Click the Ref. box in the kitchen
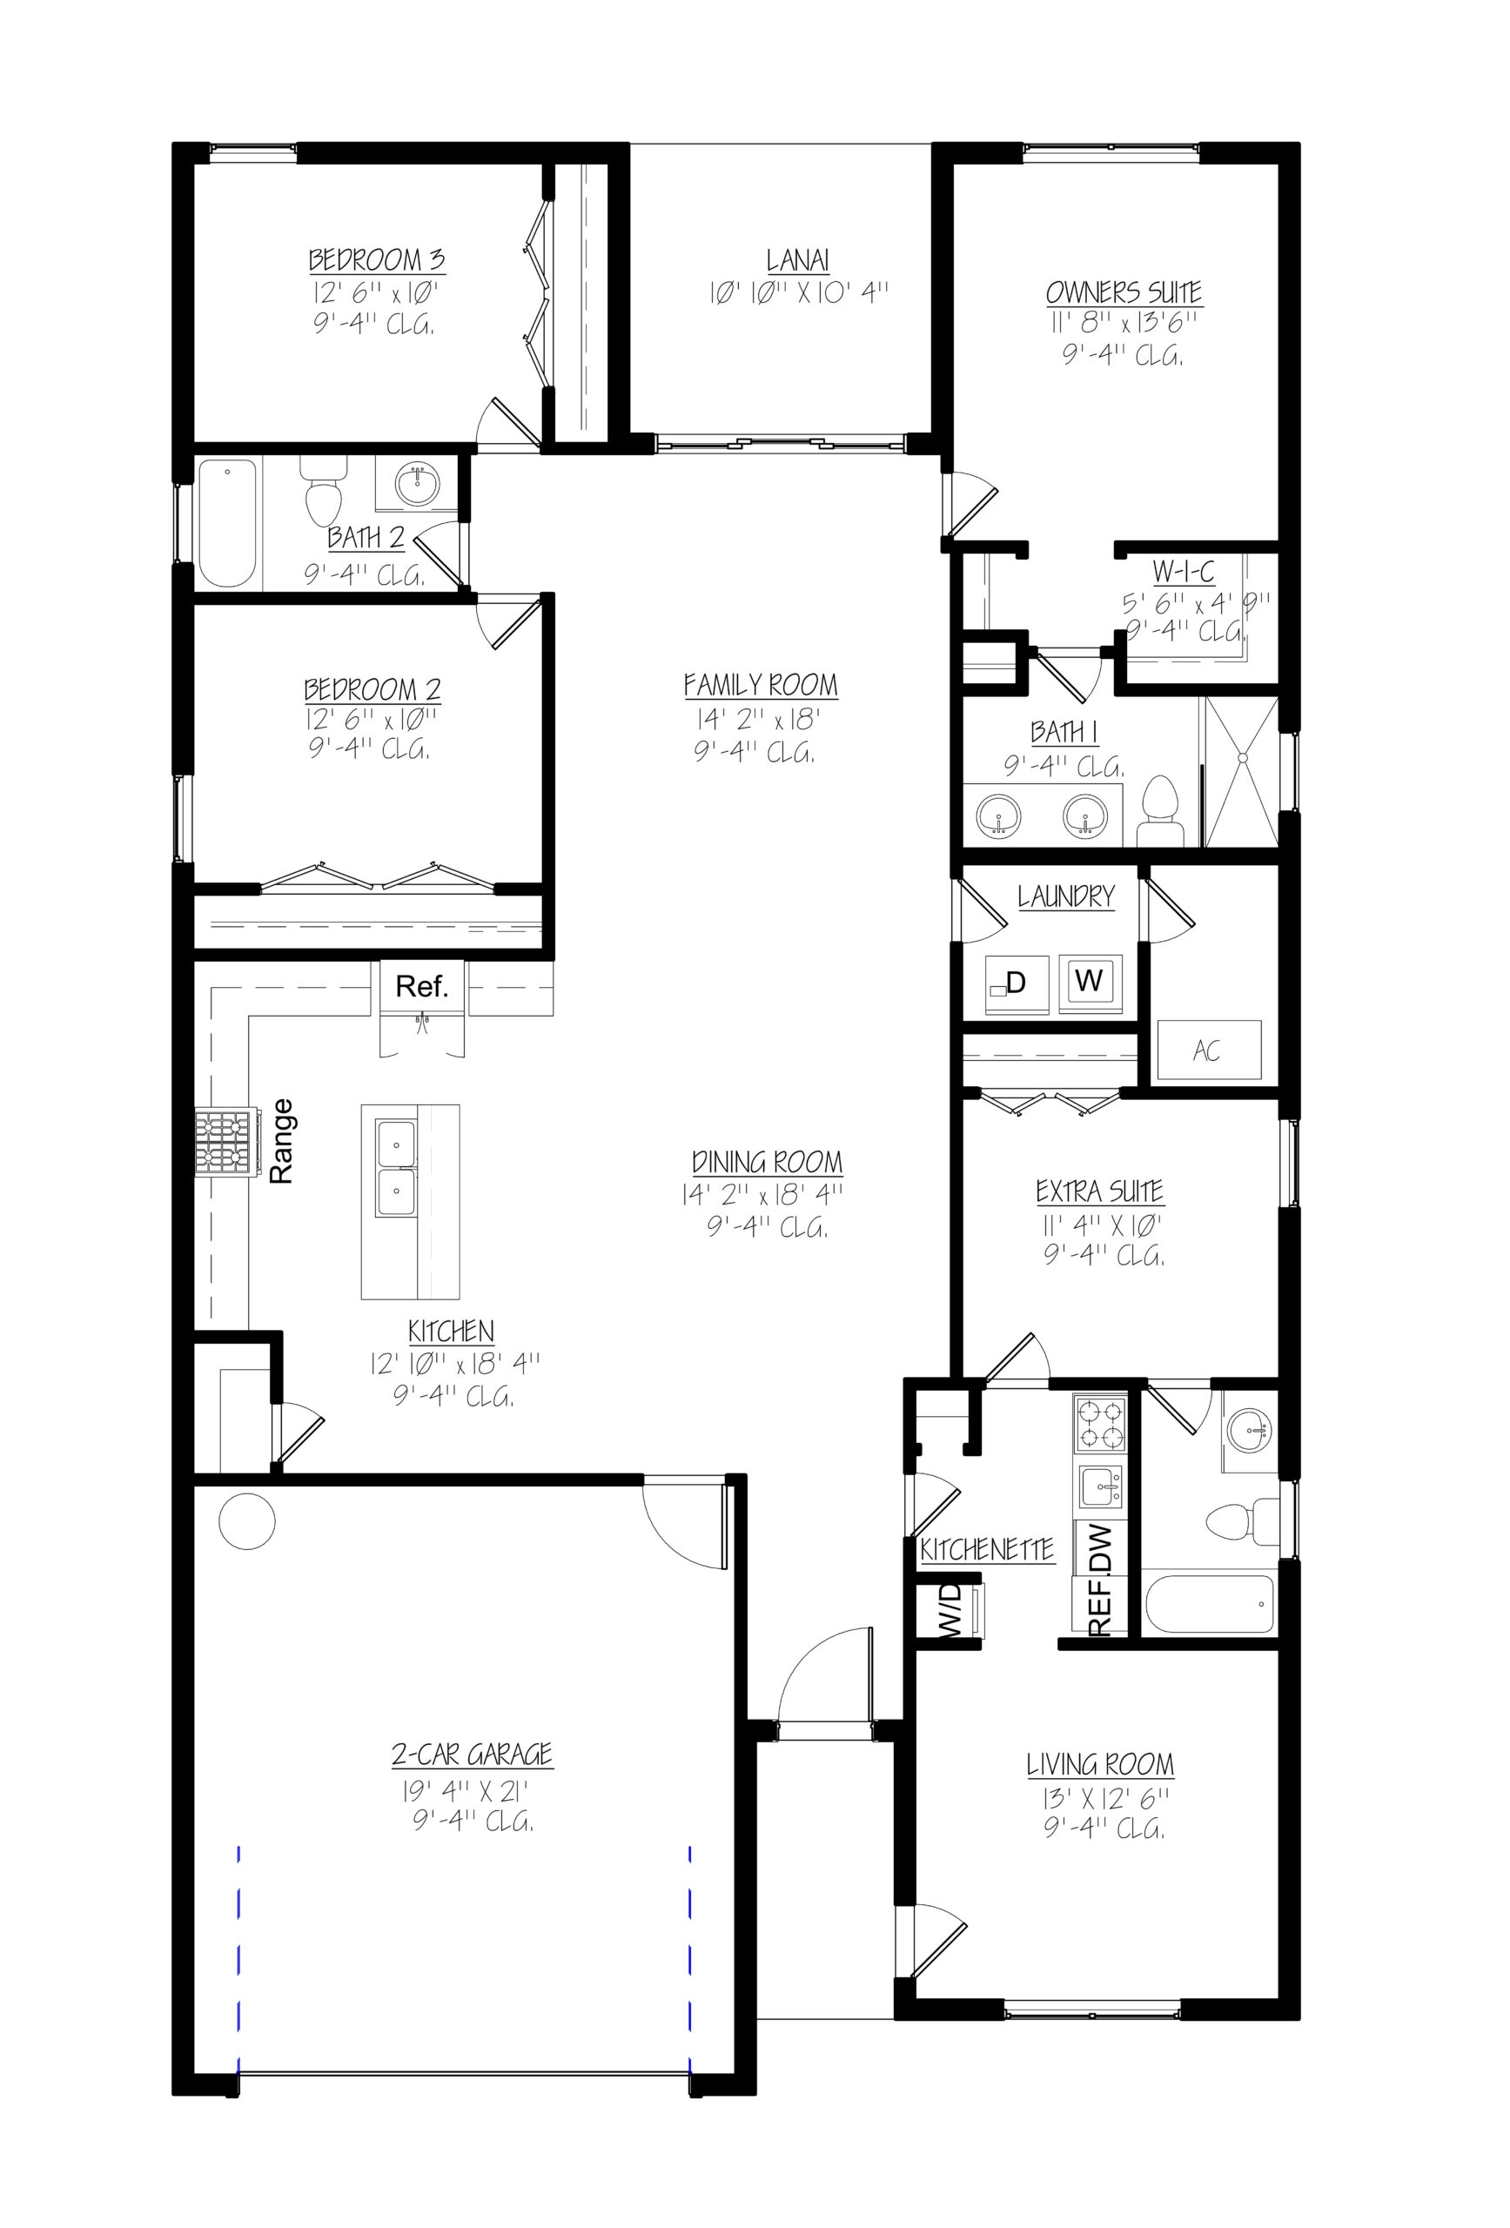(421, 985)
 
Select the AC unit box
(1208, 1050)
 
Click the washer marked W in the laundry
(1089, 981)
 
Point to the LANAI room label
(798, 260)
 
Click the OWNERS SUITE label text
(1123, 292)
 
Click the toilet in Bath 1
(1160, 813)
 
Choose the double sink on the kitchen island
(396, 1168)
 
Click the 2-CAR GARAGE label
(472, 1755)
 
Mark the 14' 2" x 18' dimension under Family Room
(757, 719)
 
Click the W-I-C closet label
(1182, 573)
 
